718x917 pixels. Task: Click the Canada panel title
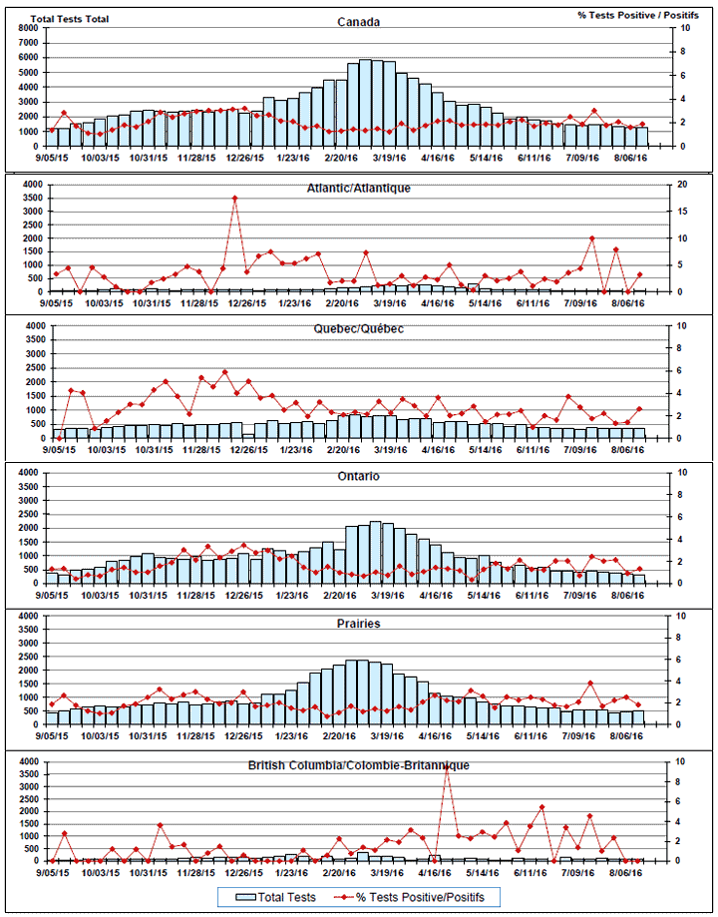pos(358,22)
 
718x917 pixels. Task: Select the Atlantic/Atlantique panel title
pos(359,188)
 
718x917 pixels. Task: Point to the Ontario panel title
pos(358,476)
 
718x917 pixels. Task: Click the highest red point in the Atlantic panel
pos(235,198)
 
